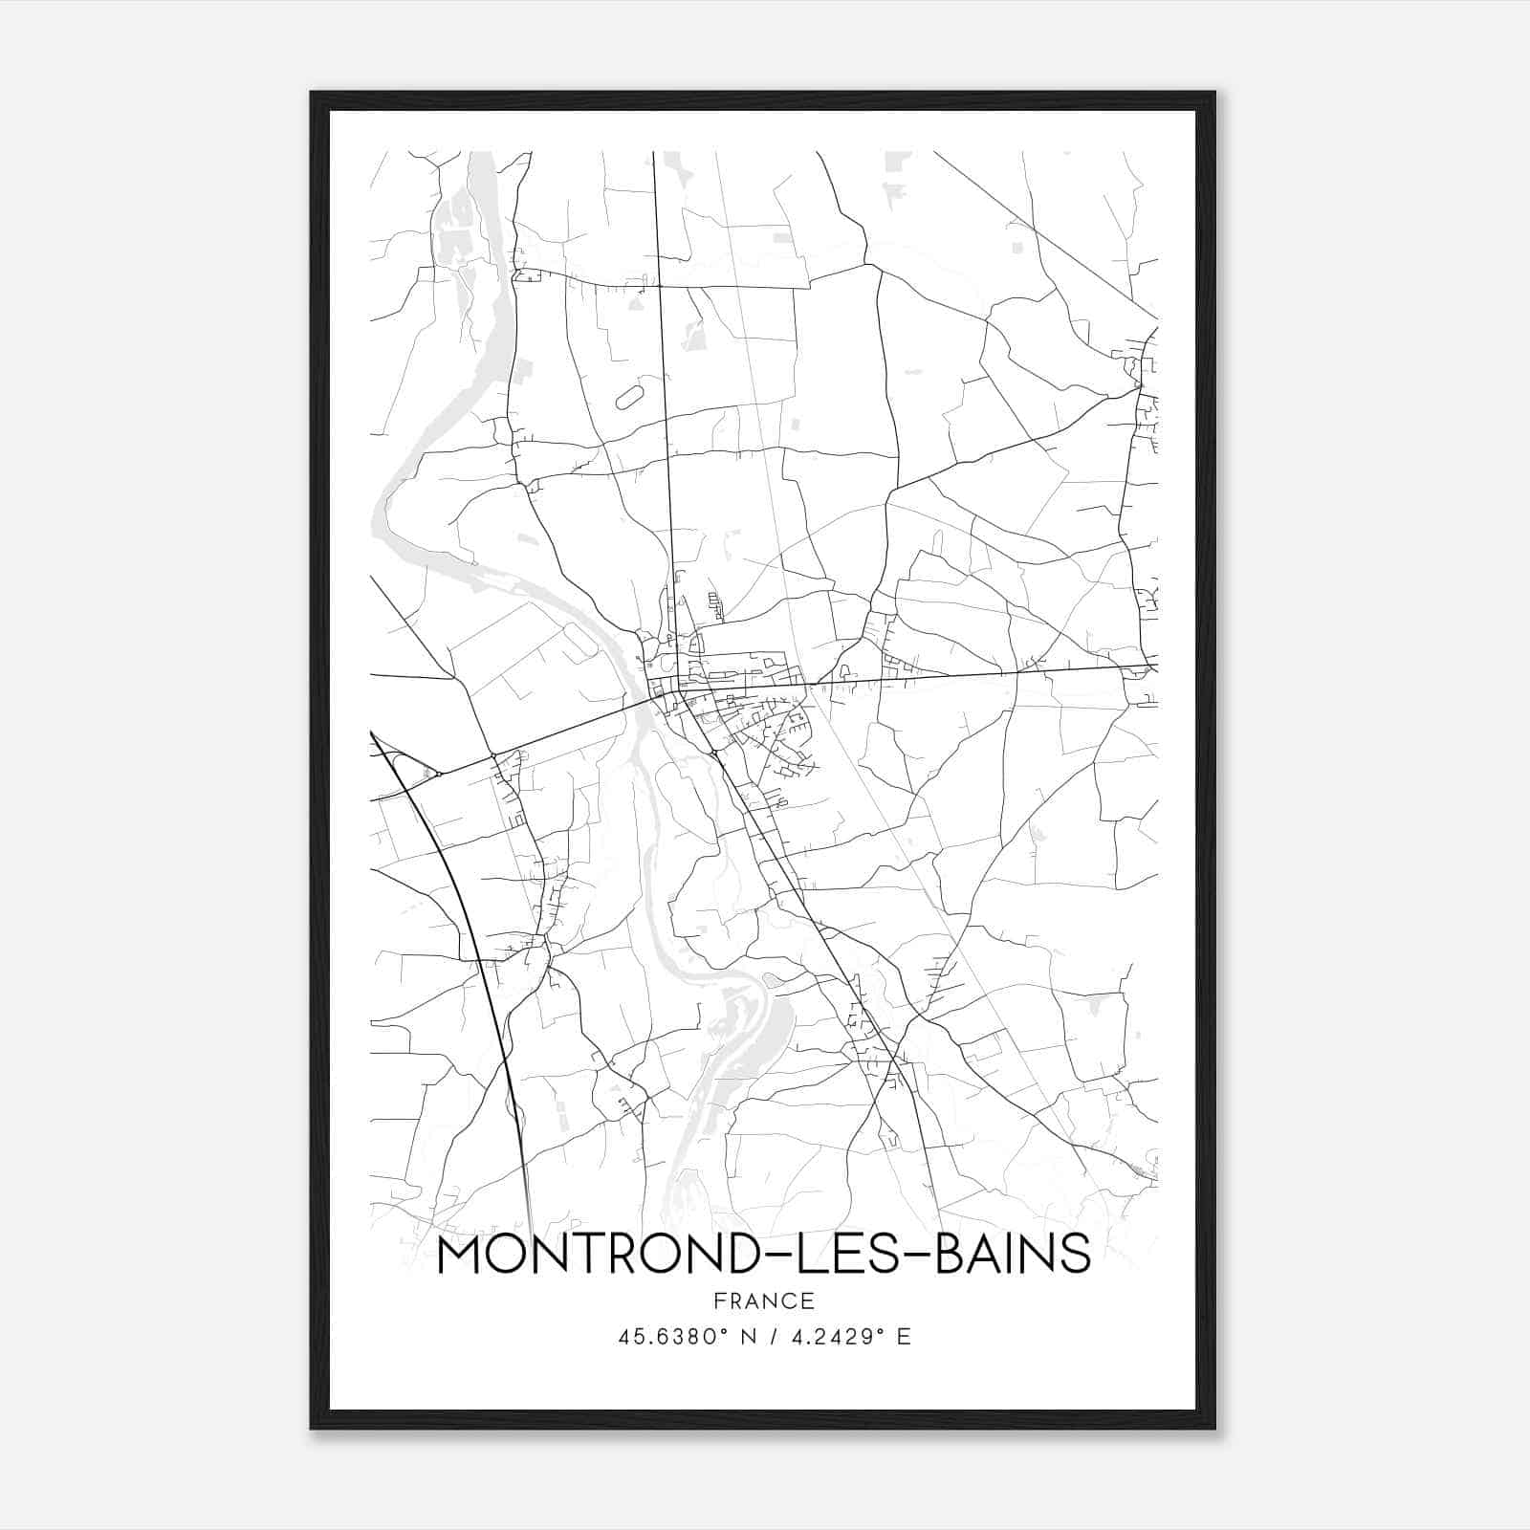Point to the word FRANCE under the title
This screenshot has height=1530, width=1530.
tap(763, 1301)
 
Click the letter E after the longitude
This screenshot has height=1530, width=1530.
tap(904, 1337)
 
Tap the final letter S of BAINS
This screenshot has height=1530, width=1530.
tap(1077, 1255)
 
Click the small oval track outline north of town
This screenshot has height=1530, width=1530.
tap(630, 397)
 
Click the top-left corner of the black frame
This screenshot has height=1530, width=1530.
tap(312, 93)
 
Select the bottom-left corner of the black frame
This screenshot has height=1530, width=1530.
tap(312, 1428)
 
